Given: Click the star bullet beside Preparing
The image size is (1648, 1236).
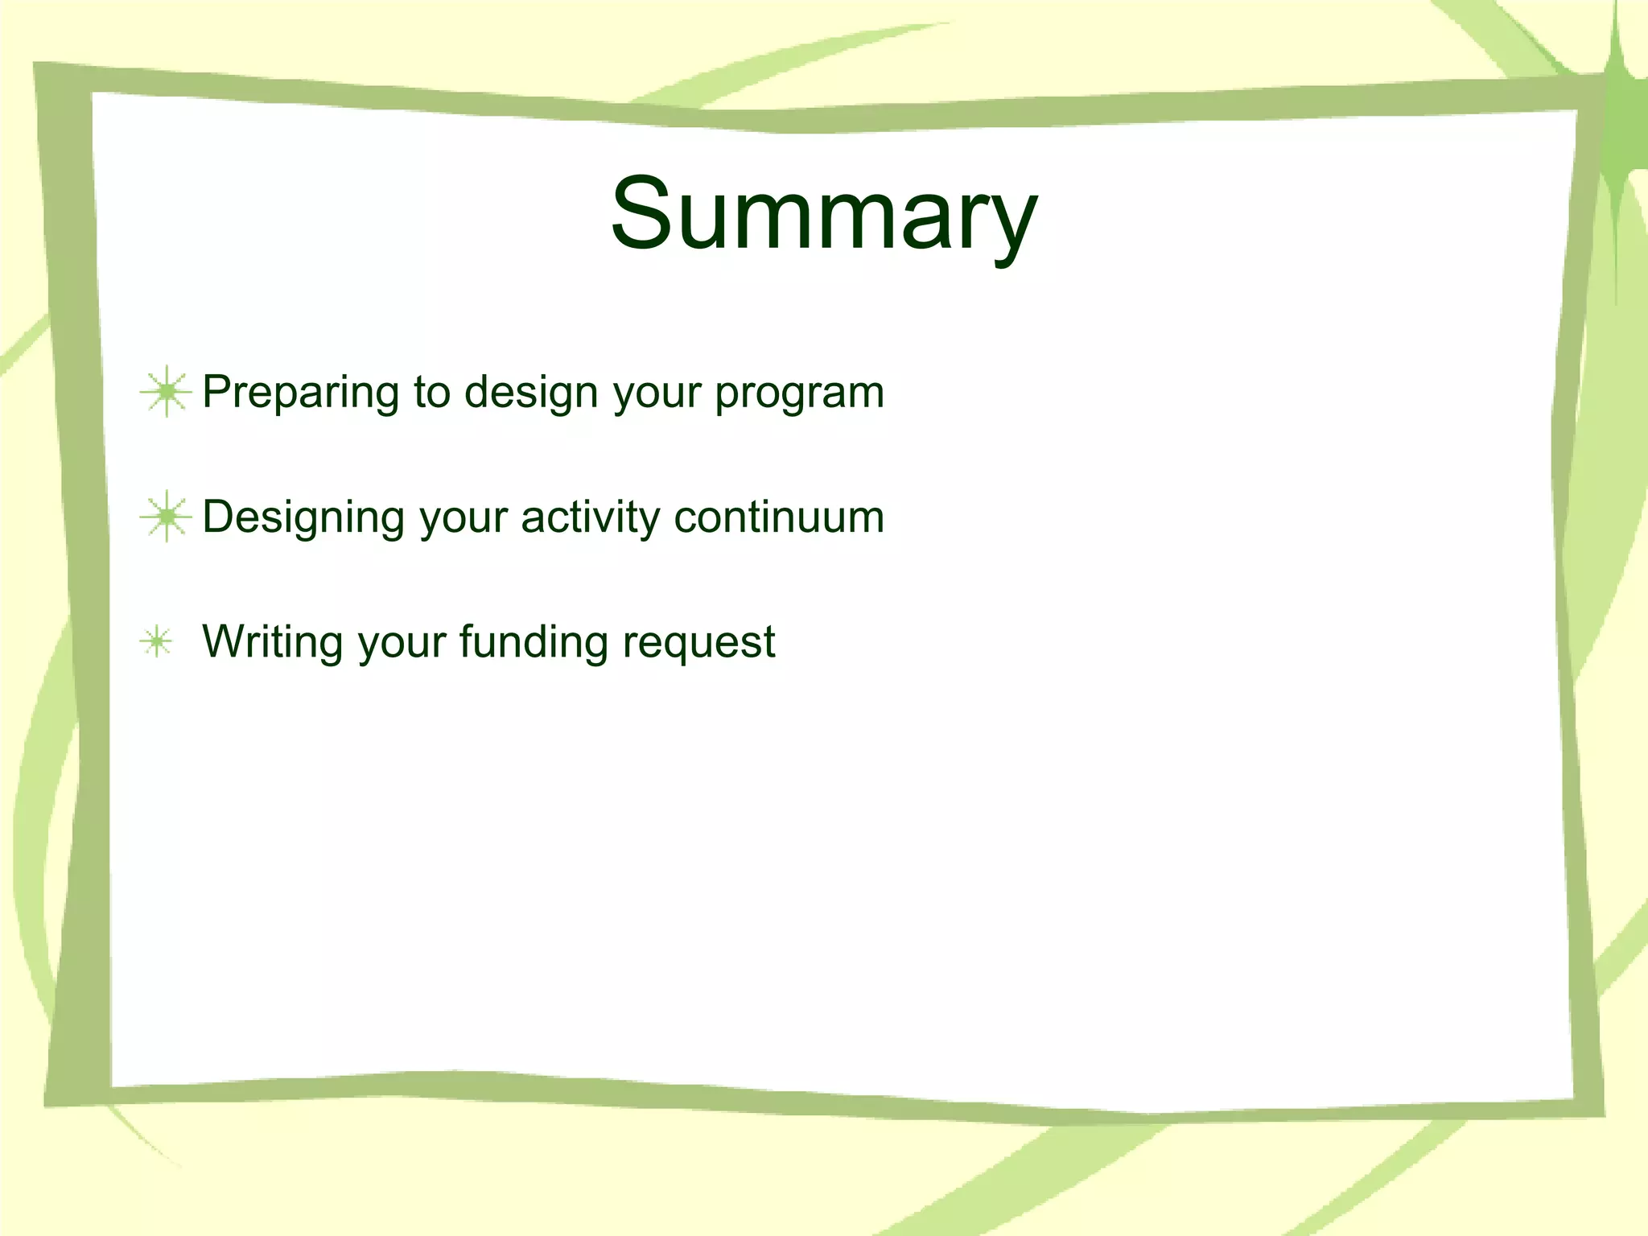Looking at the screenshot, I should pos(166,392).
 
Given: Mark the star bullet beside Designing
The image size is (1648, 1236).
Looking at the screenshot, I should pos(166,517).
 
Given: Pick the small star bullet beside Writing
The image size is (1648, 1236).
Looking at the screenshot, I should pos(156,642).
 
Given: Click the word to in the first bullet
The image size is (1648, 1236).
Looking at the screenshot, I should pos(431,393).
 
